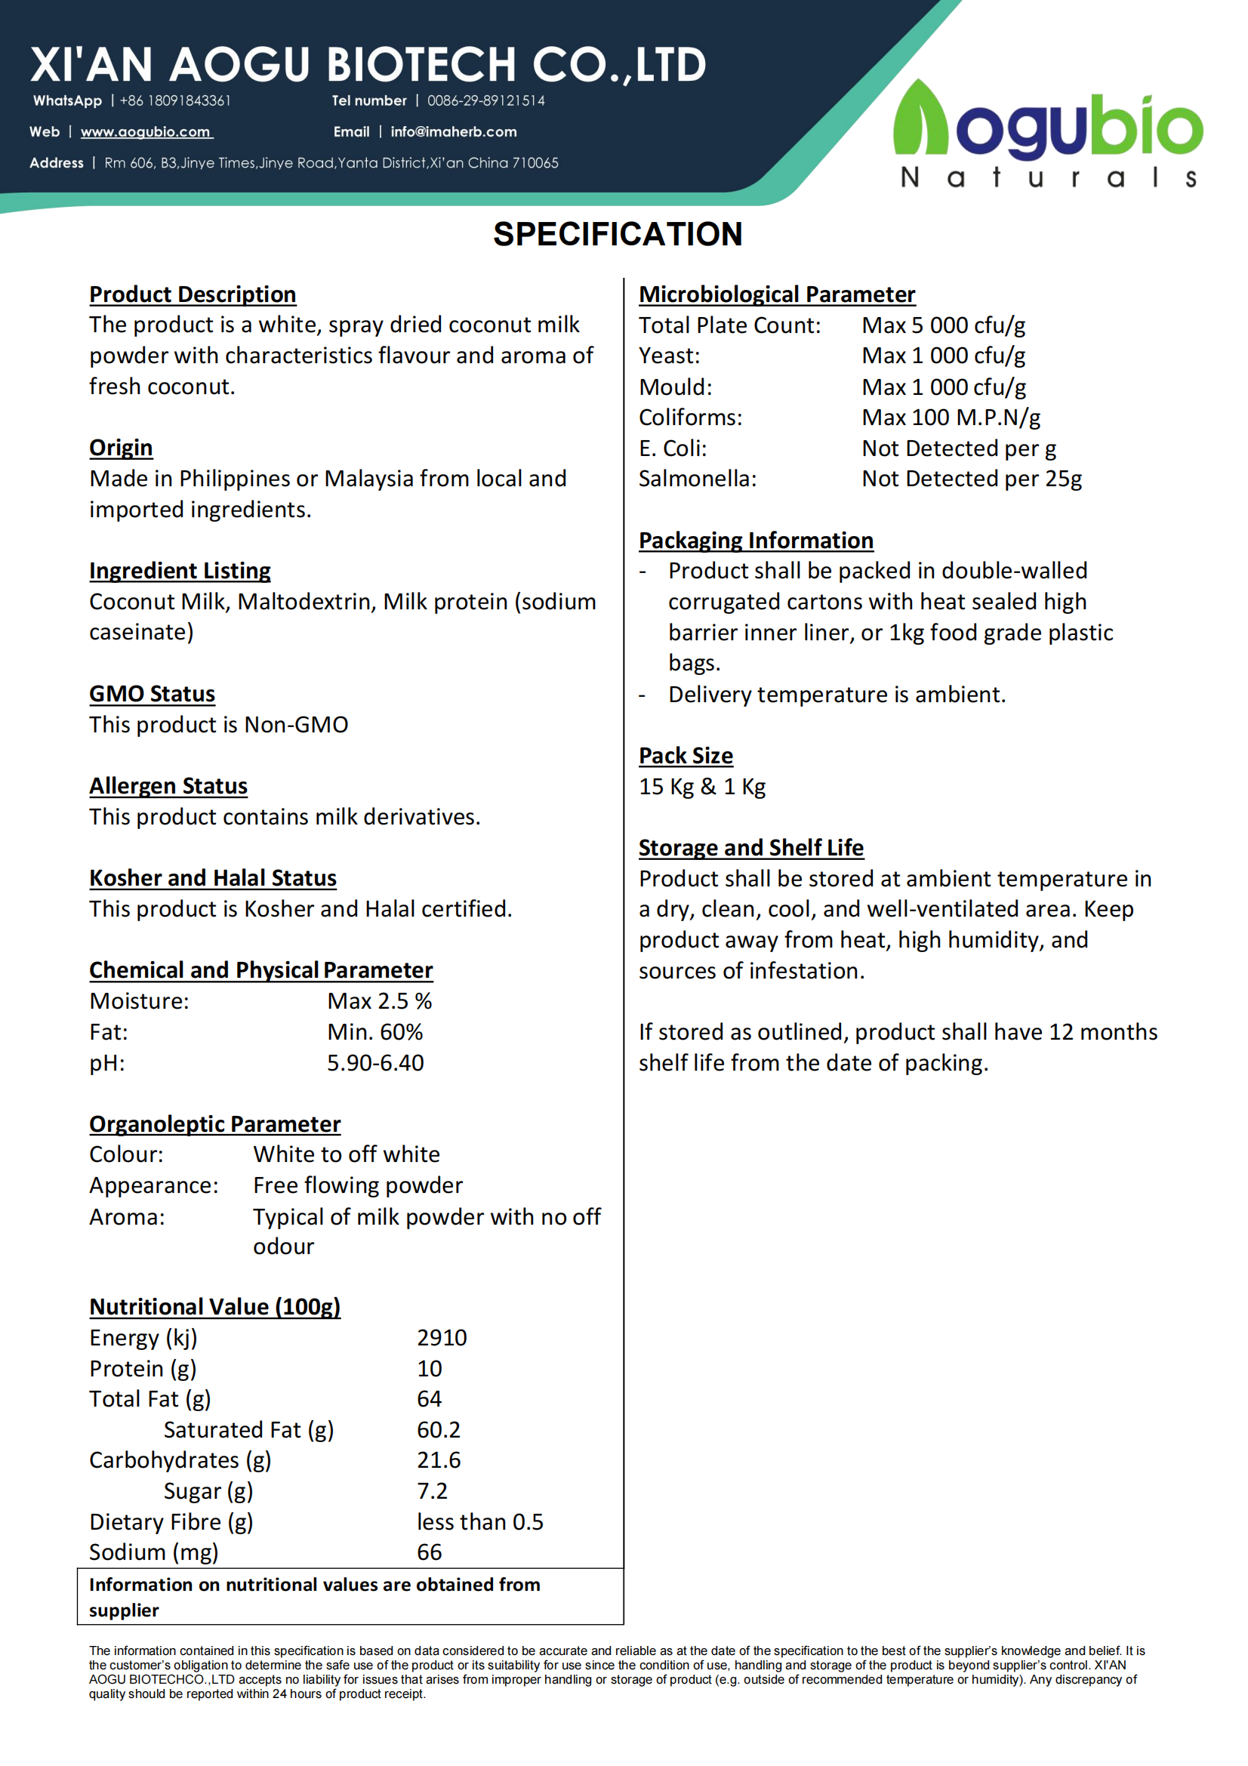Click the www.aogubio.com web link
pyautogui.click(x=146, y=131)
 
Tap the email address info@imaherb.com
pyautogui.click(x=453, y=131)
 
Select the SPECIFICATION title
pyautogui.click(x=618, y=234)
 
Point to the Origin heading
pyautogui.click(x=121, y=448)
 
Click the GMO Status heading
pyautogui.click(x=152, y=694)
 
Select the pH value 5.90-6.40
pyautogui.click(x=375, y=1062)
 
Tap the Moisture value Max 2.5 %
pyautogui.click(x=379, y=1000)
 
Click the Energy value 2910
pyautogui.click(x=442, y=1338)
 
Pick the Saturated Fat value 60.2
pyautogui.click(x=439, y=1429)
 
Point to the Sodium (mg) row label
pyautogui.click(x=154, y=1552)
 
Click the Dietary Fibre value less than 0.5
pyautogui.click(x=480, y=1521)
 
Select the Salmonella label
pyautogui.click(x=698, y=479)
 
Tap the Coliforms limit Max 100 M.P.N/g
pyautogui.click(x=951, y=417)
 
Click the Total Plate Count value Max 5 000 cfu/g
pyautogui.click(x=944, y=325)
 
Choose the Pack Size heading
pyautogui.click(x=685, y=755)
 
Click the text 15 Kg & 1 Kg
pyautogui.click(x=701, y=786)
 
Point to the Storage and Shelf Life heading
pyautogui.click(x=750, y=848)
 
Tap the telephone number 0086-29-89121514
pyautogui.click(x=486, y=100)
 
